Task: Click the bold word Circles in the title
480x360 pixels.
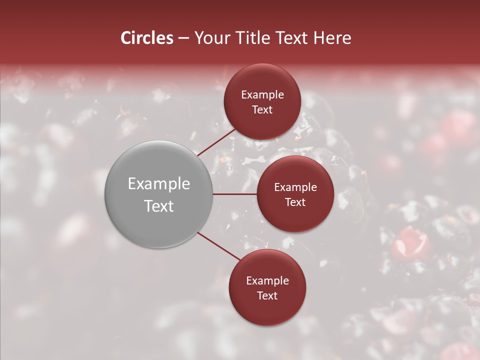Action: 146,38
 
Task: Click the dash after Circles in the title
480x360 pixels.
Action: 183,38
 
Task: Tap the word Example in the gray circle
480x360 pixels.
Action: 159,184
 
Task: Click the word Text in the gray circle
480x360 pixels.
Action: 159,206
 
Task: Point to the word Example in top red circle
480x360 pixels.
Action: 262,95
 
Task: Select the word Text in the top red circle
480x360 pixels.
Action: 262,110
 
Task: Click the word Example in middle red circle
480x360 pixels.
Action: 295,187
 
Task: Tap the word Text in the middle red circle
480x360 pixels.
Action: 295,202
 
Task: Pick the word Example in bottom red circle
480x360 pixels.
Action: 267,281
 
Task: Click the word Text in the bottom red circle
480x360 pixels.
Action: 267,296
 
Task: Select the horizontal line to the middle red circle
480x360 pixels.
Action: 235,194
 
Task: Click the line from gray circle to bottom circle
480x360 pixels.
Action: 218,246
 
